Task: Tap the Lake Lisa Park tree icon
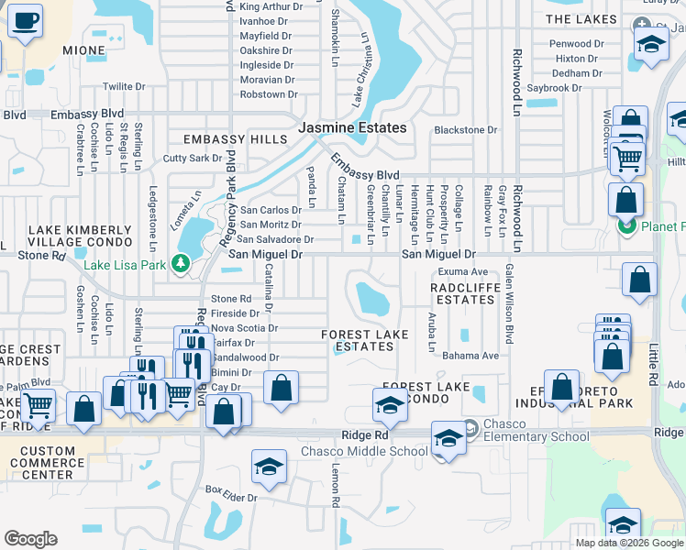point(181,265)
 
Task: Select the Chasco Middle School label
point(364,451)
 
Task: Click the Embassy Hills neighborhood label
point(235,139)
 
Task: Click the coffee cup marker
point(25,20)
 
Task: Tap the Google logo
point(30,539)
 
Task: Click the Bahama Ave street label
point(470,356)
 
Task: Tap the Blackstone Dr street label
point(465,130)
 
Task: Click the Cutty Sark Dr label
point(186,158)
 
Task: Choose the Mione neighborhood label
point(83,49)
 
